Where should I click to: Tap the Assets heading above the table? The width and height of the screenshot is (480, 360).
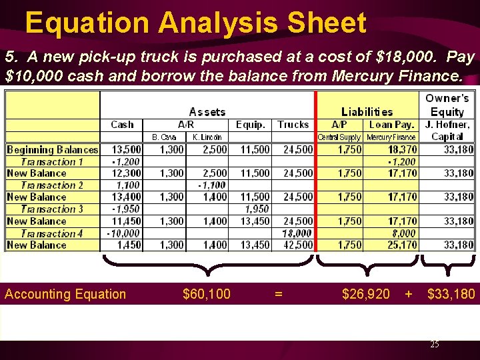[x=207, y=112]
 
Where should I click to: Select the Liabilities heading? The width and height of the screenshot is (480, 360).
[x=367, y=112]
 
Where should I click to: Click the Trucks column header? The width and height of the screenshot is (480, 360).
[x=293, y=125]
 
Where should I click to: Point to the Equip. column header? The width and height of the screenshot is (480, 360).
[x=251, y=125]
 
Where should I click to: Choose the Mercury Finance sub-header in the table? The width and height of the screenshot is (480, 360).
[x=391, y=137]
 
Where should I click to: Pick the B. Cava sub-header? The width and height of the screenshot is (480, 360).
[x=163, y=137]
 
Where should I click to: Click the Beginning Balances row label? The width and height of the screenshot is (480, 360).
[x=52, y=149]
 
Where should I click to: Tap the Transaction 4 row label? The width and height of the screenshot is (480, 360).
[x=52, y=233]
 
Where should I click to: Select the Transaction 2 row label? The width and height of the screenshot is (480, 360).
[x=52, y=185]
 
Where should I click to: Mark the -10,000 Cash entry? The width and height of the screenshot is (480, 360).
[x=123, y=233]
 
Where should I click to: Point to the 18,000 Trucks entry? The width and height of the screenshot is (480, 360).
[x=297, y=233]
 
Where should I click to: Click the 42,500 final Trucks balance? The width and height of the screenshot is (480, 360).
[x=298, y=245]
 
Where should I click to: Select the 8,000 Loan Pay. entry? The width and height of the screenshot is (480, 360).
[x=403, y=233]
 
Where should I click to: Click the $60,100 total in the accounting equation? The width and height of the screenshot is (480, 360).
[x=207, y=294]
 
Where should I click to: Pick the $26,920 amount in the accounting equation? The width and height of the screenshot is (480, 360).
[x=366, y=294]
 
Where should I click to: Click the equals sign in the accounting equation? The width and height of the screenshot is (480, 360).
[x=279, y=294]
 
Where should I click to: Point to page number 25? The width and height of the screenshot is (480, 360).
[x=434, y=345]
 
